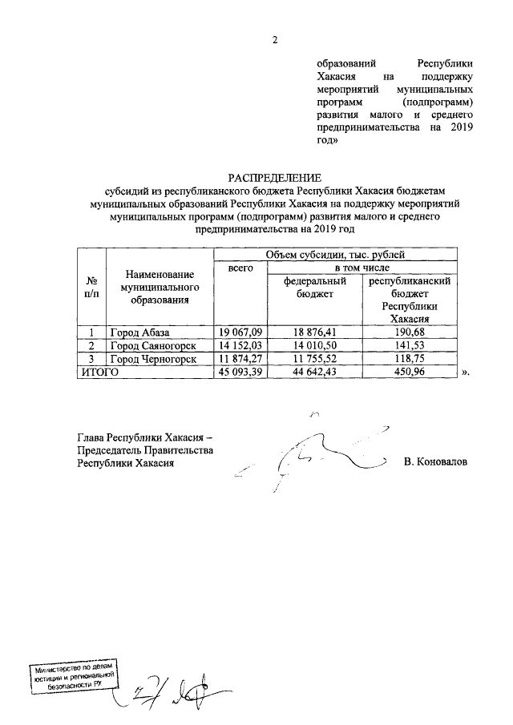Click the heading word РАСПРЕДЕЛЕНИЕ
click(273, 177)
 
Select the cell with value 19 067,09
click(241, 332)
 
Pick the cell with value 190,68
click(409, 332)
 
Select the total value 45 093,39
click(241, 372)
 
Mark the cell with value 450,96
click(409, 372)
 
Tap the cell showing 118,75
click(409, 359)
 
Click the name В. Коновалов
click(436, 462)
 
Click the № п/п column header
click(91, 288)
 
